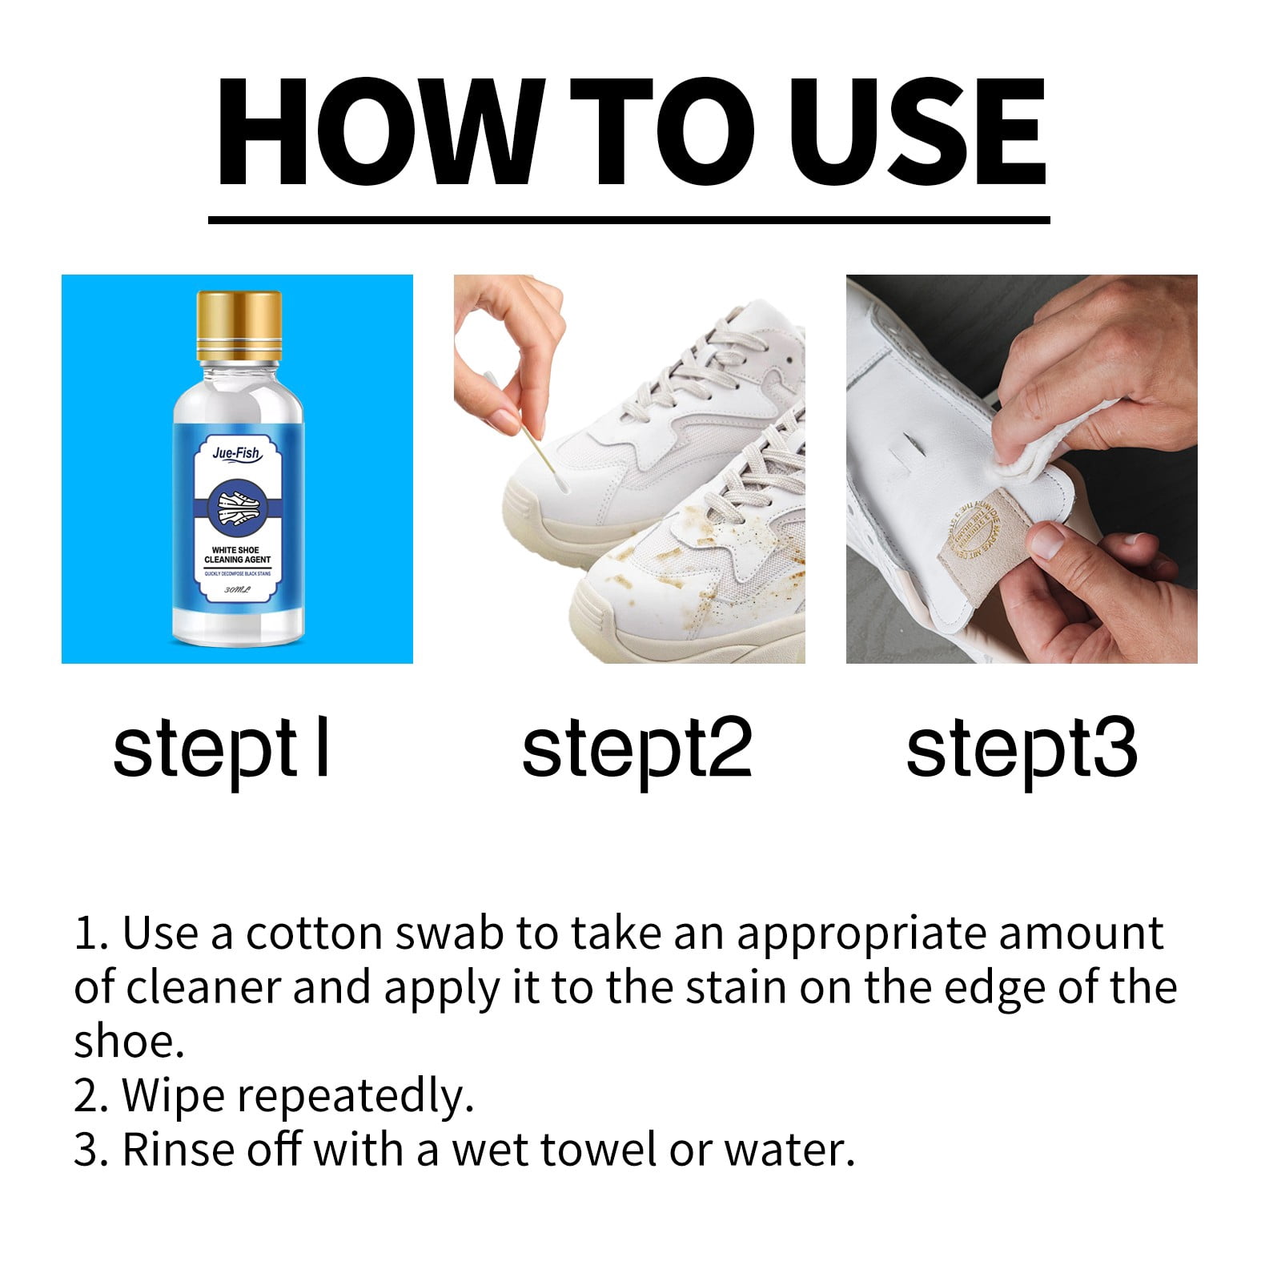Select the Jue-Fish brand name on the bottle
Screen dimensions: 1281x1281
tap(237, 454)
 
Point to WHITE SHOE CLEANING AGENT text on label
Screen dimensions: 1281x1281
tap(238, 555)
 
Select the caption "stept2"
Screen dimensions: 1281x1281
tap(636, 749)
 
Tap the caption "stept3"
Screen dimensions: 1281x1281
tap(1021, 749)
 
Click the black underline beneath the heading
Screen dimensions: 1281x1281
tap(628, 219)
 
